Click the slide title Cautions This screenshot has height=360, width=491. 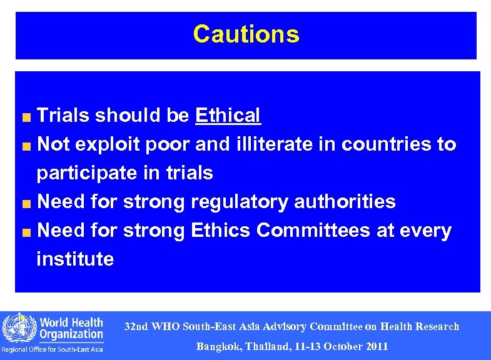[246, 34]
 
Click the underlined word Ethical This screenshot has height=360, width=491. [228, 116]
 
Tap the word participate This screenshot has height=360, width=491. [84, 173]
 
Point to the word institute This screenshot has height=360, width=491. [75, 259]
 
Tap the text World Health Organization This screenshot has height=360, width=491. [71, 328]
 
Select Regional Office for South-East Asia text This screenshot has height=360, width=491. [53, 349]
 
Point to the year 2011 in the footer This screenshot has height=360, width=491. [377, 346]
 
